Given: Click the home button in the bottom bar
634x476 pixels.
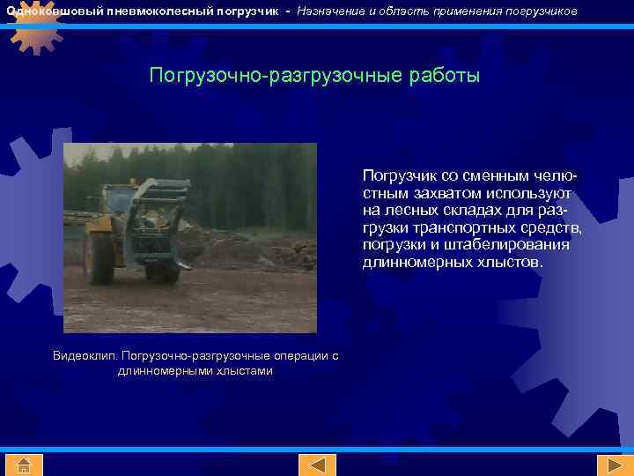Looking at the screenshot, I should click(24, 465).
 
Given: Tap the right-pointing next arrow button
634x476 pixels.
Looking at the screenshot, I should click(609, 465).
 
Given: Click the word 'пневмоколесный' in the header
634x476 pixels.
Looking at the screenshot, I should click(153, 11).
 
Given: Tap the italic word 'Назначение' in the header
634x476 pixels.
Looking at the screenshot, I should click(328, 11).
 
